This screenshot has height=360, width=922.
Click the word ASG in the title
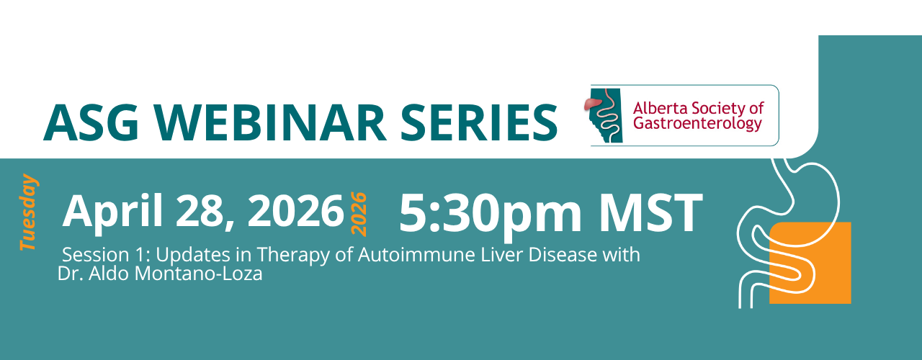[x=91, y=123]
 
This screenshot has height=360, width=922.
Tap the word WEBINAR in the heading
[x=270, y=123]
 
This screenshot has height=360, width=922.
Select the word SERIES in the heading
[x=479, y=123]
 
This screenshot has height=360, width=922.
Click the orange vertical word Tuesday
[x=30, y=212]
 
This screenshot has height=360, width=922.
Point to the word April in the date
[x=112, y=212]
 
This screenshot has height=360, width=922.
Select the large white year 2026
[x=295, y=210]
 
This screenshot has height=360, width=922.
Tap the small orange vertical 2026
[x=359, y=214]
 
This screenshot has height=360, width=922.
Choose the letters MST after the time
[x=651, y=212]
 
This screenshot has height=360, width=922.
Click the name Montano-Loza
[x=198, y=274]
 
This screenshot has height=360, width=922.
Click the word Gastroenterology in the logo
[x=697, y=124]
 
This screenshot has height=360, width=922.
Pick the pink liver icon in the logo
[x=594, y=104]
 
